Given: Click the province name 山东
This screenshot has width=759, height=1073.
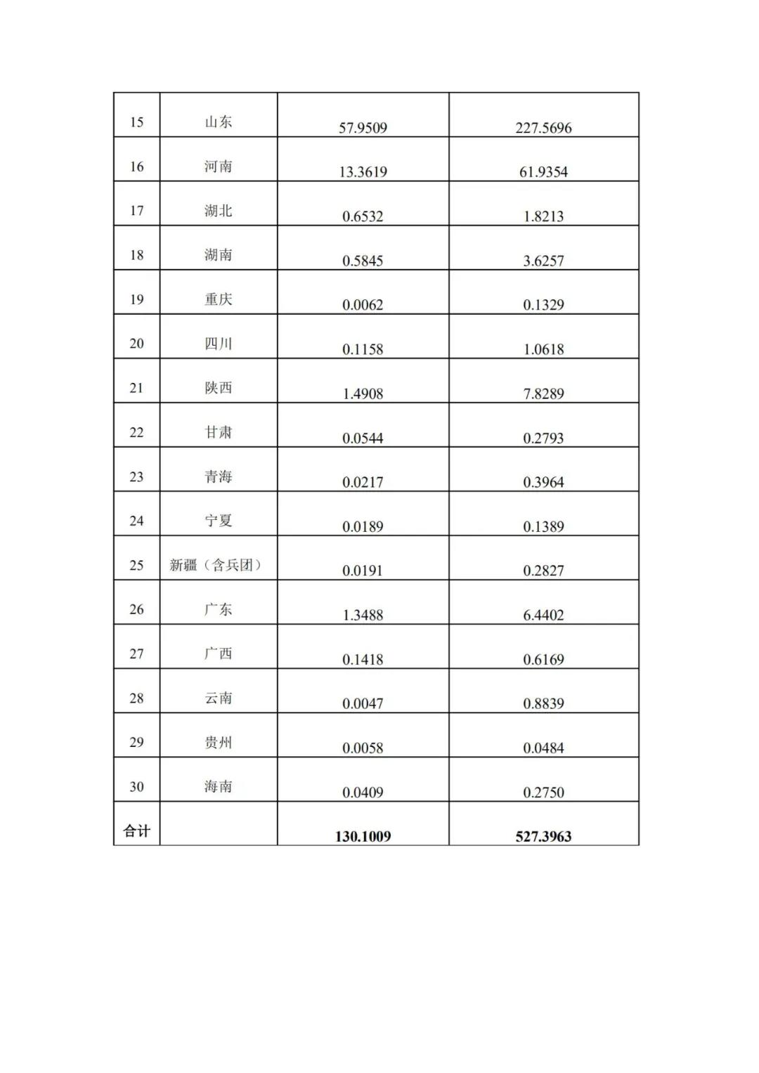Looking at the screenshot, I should point(218,122).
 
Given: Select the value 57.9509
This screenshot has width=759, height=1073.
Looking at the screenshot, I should point(363,128).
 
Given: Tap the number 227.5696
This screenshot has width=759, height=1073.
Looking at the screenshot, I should point(543,128).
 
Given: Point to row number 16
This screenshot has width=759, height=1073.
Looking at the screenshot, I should point(136,167).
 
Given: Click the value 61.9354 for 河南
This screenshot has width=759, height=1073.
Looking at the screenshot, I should point(543,172).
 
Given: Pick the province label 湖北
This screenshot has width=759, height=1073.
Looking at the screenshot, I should point(218,211).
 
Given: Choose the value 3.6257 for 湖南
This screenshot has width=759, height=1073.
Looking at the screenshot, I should point(543,261).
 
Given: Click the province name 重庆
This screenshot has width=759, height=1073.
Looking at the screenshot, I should point(218,299).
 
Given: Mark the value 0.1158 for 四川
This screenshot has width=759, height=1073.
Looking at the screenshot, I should point(363,349).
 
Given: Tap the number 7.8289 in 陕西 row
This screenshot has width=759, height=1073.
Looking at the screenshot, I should point(543,394).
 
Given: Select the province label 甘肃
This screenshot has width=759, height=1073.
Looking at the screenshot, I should point(218,432).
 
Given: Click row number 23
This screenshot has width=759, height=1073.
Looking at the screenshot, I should point(136,476).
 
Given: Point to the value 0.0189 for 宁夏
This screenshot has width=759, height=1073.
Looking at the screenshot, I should point(363,527).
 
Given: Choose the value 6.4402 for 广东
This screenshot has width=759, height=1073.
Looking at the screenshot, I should point(543,616).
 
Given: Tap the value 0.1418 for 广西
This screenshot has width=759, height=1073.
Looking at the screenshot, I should point(363,660).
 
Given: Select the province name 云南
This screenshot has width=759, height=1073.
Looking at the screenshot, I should point(218,698).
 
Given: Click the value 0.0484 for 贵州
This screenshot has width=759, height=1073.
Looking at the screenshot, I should point(543,748).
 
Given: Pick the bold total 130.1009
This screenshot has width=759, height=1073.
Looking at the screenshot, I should point(363,837).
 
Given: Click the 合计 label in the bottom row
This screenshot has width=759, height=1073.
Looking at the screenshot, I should point(136,831).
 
